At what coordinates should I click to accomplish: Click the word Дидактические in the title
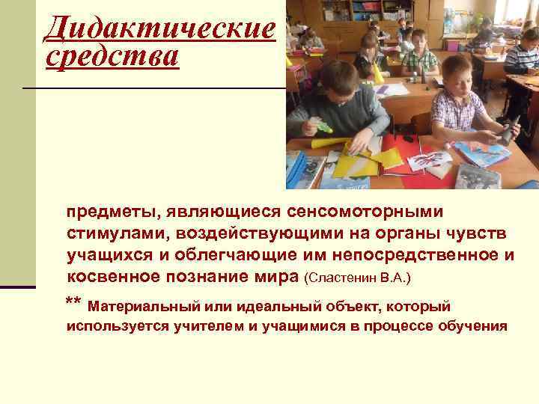click(159, 29)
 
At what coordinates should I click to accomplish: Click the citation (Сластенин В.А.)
click(359, 278)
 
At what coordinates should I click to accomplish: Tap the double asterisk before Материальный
click(73, 302)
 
